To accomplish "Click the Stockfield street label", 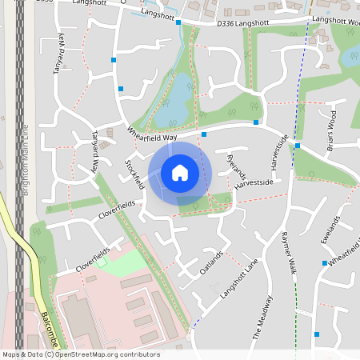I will pos(135,173).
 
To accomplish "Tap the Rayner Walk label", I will pos(289,253).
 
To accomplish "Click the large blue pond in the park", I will pos(173,102).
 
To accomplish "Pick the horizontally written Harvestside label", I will pos(254,183).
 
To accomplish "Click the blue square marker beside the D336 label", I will pos(178,23).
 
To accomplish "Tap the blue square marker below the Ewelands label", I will pos(325,262).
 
